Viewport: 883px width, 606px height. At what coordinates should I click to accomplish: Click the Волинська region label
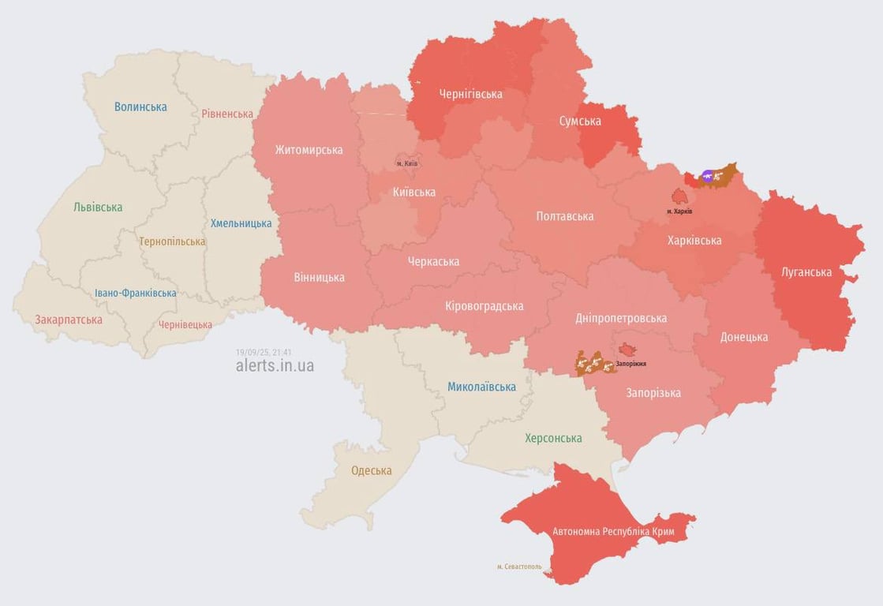[x=140, y=107]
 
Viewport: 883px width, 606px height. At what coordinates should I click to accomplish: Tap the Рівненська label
[x=227, y=114]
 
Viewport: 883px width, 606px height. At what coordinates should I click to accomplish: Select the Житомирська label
[x=309, y=149]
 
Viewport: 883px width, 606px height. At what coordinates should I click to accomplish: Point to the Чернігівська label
[x=470, y=94]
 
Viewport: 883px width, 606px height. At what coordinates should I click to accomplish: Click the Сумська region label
[x=580, y=121]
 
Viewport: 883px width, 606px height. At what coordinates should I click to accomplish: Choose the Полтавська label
[x=565, y=216]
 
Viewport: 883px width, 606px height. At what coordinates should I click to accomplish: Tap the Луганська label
[x=806, y=272]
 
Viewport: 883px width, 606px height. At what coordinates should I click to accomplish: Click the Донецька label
[x=743, y=337]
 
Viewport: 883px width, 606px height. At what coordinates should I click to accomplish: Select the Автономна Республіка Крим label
[x=613, y=532]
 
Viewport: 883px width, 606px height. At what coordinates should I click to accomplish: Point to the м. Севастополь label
[x=519, y=567]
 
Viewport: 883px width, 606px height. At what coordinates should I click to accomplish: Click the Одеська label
[x=371, y=471]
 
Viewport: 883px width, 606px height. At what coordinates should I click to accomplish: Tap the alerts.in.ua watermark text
[x=275, y=365]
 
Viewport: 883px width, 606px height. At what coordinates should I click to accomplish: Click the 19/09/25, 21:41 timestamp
[x=264, y=352]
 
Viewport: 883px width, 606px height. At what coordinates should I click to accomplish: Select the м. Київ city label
[x=406, y=163]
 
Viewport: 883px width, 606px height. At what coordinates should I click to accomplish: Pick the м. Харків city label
[x=679, y=211]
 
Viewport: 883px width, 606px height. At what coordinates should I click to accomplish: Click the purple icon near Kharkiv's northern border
[x=708, y=176]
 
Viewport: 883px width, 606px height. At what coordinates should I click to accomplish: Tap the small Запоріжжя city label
[x=631, y=364]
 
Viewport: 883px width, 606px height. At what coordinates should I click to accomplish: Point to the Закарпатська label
[x=69, y=320]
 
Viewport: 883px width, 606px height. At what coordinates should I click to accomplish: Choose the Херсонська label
[x=553, y=438]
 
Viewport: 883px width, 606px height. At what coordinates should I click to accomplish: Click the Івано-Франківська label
[x=136, y=293]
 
